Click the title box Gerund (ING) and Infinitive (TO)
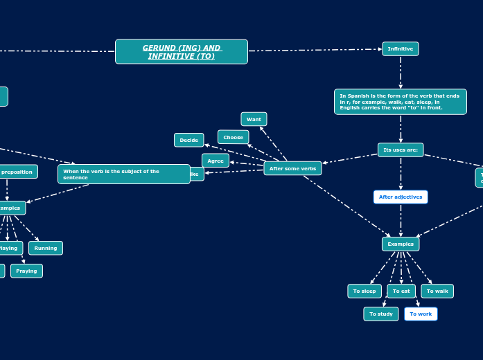(181, 52)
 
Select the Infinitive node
(400, 49)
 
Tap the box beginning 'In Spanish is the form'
(400, 102)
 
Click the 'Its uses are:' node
(400, 150)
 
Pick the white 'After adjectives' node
(400, 197)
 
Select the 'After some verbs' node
(292, 168)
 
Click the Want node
(254, 119)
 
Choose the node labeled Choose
(233, 137)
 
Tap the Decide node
(188, 140)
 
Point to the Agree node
(216, 161)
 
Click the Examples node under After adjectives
(400, 244)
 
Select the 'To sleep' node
(364, 291)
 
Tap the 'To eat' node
(401, 291)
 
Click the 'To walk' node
(437, 291)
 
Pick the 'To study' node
(380, 314)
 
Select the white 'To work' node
(421, 314)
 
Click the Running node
(46, 248)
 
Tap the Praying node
(26, 271)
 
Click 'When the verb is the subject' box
(123, 174)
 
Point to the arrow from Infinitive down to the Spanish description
(401, 72)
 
